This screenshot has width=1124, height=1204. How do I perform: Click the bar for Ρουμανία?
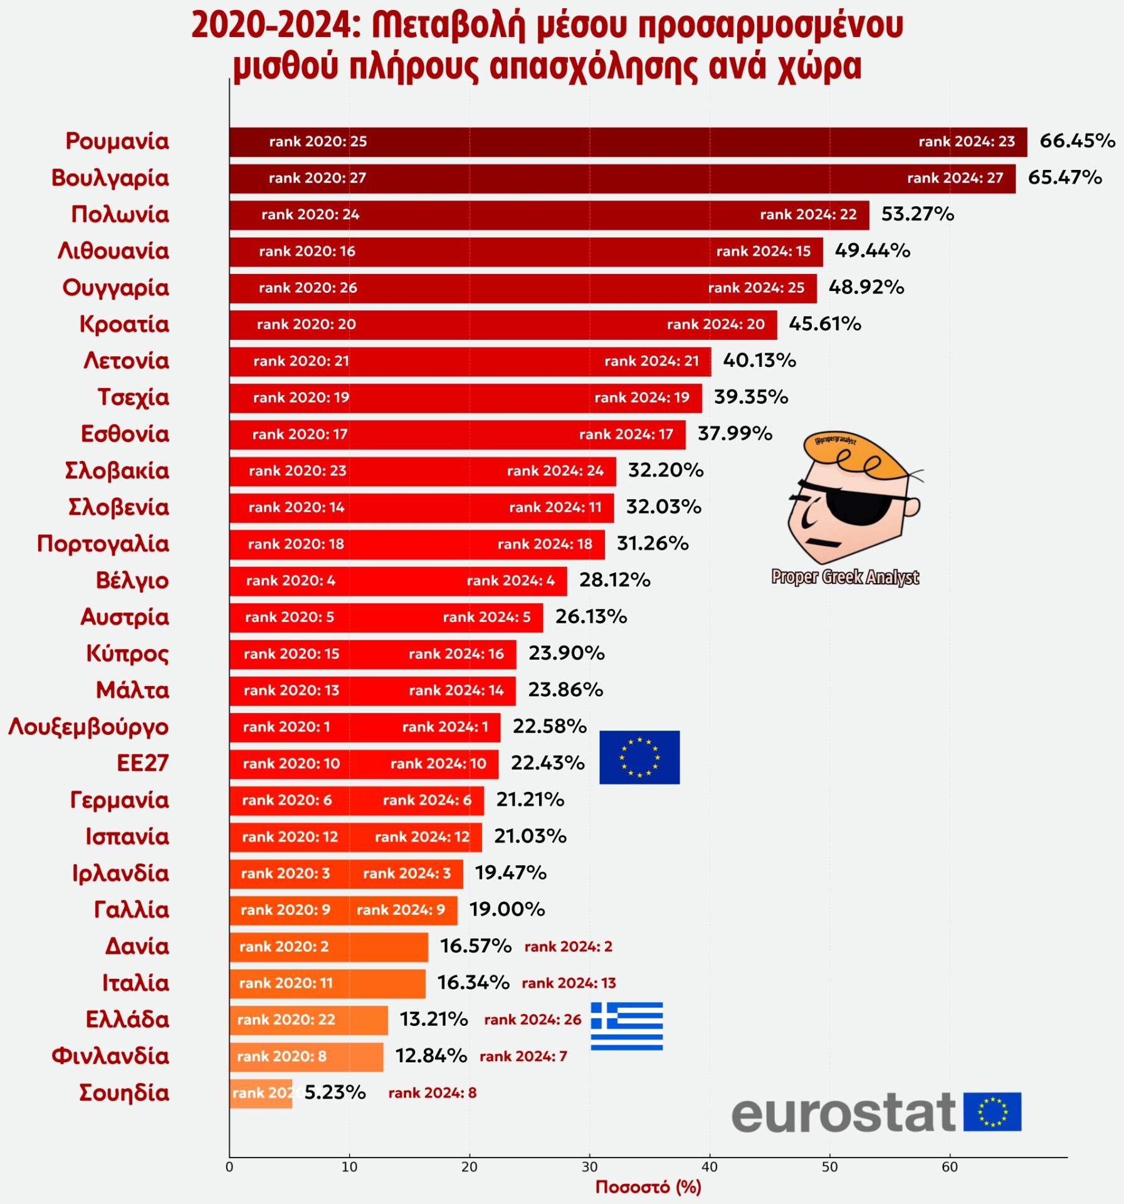[x=627, y=142]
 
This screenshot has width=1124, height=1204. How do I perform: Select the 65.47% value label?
[x=1064, y=177]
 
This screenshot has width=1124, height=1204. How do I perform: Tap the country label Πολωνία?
[x=120, y=214]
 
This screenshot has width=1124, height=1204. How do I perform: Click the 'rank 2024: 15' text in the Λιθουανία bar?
[x=763, y=251]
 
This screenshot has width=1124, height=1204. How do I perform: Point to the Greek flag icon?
[x=626, y=1026]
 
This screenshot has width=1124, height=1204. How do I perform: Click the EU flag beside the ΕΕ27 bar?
[x=639, y=757]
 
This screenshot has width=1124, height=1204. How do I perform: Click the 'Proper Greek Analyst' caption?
[x=844, y=577]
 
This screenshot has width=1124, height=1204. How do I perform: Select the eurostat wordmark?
[x=843, y=1114]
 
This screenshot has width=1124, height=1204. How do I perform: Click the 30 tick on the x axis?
[x=589, y=1167]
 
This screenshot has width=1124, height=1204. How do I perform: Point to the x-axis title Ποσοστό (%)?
[x=648, y=1187]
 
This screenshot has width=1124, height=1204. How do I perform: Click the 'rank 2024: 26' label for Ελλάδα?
[x=532, y=1020]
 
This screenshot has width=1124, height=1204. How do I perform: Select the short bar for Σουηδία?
[x=260, y=1093]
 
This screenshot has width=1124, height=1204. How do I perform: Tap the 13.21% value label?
[x=434, y=1020]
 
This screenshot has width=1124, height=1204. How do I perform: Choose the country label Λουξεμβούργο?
[x=88, y=727]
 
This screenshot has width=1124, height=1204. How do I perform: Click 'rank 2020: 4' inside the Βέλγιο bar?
[x=290, y=581]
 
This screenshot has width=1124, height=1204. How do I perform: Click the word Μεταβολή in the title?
[x=448, y=26]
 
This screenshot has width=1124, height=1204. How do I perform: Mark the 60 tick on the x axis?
[x=949, y=1167]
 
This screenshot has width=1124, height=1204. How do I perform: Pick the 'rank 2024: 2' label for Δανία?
[x=568, y=946]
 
